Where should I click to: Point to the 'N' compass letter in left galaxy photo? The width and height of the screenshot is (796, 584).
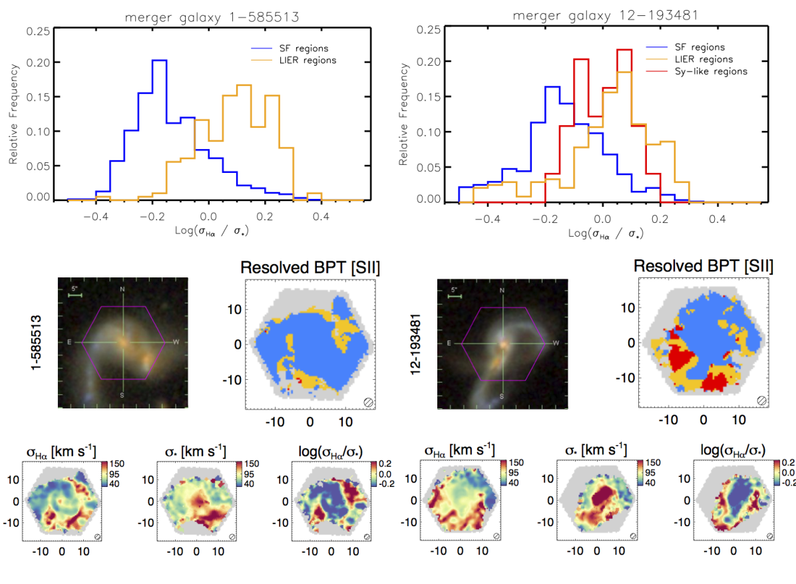point(122,290)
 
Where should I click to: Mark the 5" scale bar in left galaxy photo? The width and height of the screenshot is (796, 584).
point(75,296)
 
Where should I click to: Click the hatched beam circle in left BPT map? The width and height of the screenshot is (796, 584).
point(368,402)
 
